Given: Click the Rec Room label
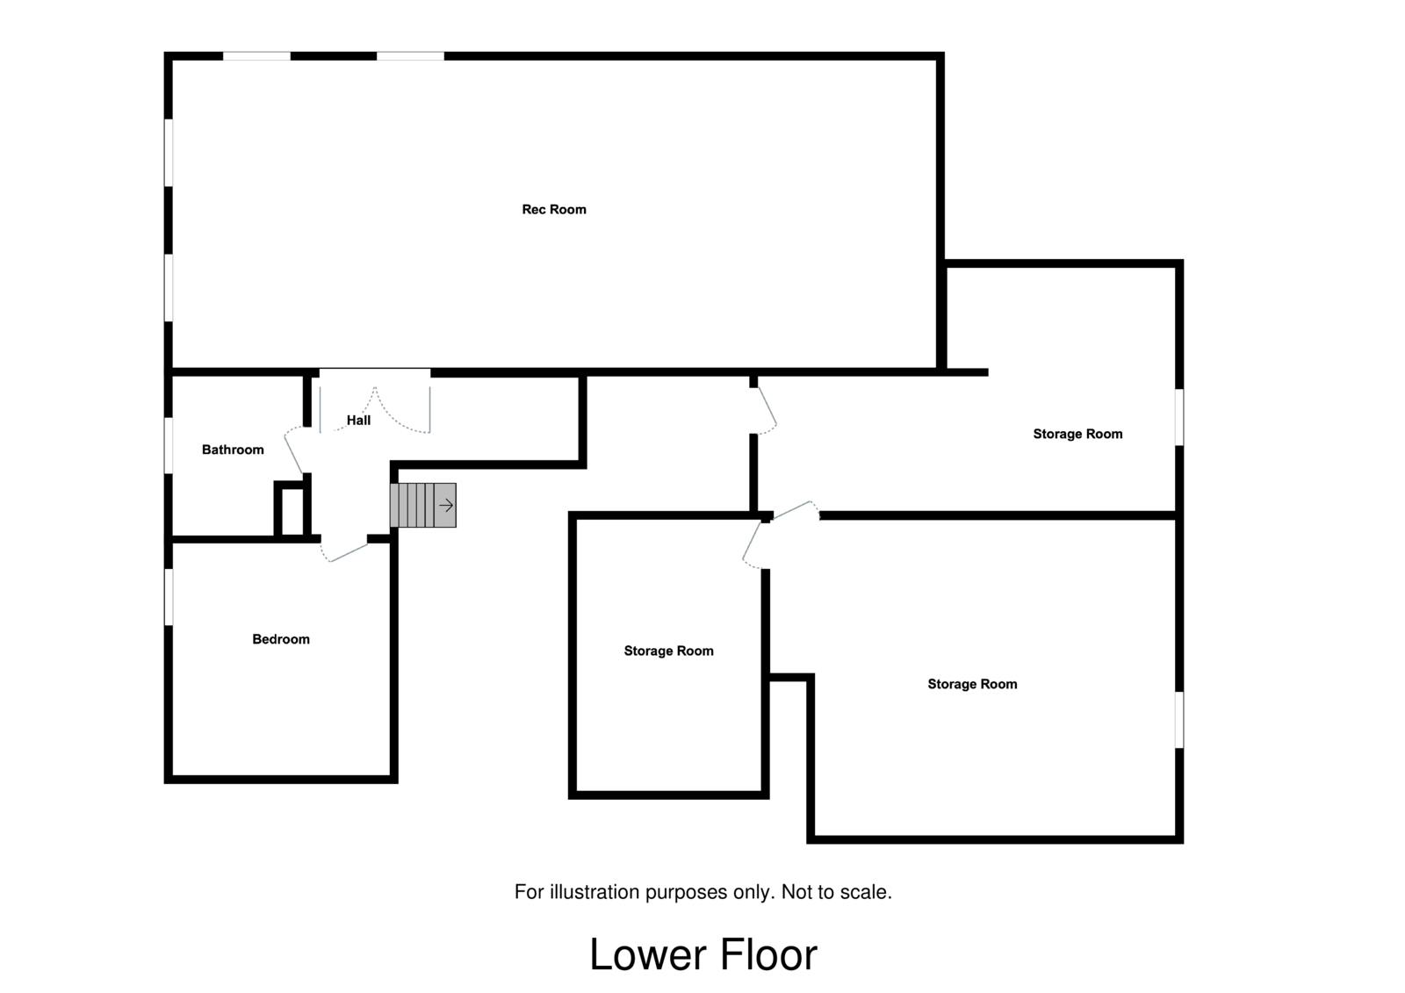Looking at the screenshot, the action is [x=553, y=209].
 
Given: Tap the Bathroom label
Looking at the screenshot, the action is [x=233, y=450].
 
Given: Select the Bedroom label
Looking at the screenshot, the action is [x=281, y=639].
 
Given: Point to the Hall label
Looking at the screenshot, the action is [x=358, y=421].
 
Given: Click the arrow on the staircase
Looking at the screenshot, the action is [x=446, y=505].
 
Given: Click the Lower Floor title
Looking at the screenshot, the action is [x=702, y=954].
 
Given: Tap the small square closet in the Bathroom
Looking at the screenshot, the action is [x=291, y=509].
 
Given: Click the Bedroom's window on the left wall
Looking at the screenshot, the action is [x=169, y=597].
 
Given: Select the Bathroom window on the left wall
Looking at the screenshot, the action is [x=169, y=445].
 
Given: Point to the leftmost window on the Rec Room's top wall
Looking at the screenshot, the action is [x=256, y=56].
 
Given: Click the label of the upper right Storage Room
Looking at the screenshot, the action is [x=1077, y=434].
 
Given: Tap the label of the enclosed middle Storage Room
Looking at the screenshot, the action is [x=668, y=651].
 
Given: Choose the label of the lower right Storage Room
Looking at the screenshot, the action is [x=972, y=684].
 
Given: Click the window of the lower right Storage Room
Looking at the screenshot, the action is [x=1179, y=720].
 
